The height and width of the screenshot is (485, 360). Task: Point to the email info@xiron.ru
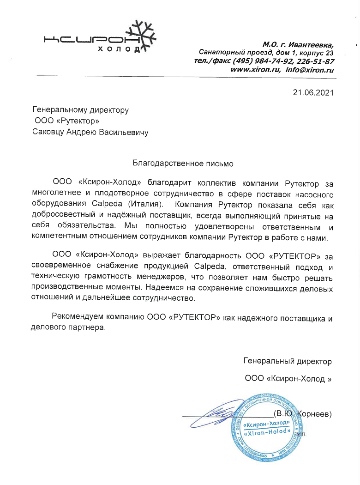(x=309, y=70)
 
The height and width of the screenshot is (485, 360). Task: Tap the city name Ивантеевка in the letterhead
(x=312, y=45)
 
